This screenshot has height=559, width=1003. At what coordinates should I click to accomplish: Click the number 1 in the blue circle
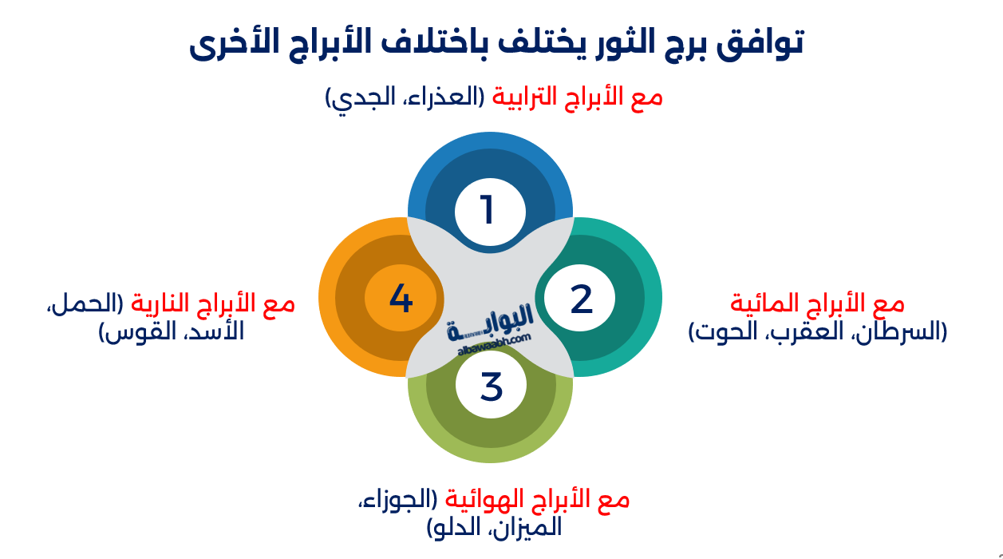(488, 211)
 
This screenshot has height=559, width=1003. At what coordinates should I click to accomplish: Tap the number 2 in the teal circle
(581, 299)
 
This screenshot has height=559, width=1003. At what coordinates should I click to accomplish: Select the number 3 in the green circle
(491, 386)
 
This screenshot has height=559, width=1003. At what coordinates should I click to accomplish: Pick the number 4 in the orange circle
(401, 299)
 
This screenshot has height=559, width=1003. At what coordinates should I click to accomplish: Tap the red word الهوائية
(479, 500)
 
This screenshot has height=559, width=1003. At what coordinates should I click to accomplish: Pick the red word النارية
(171, 303)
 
